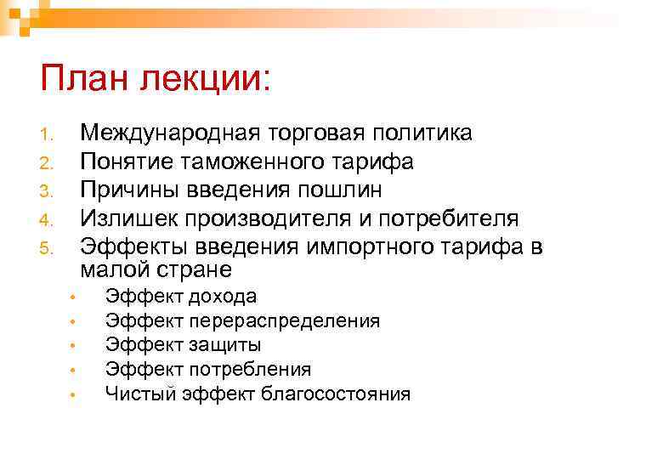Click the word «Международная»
coord(170,133)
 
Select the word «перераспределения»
coord(284,321)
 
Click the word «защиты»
coord(225,345)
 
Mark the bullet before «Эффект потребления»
coord(75,371)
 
